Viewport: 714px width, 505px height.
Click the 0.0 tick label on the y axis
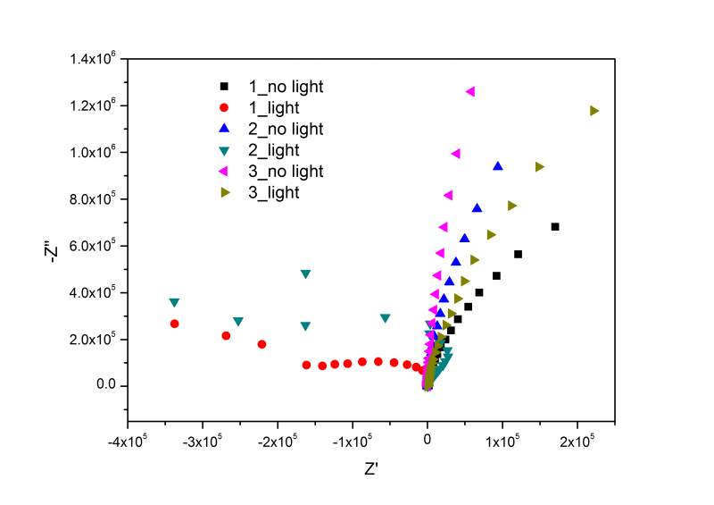pyautogui.click(x=108, y=386)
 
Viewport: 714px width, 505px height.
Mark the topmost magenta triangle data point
pyautogui.click(x=470, y=91)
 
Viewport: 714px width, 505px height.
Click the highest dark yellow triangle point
pyautogui.click(x=594, y=111)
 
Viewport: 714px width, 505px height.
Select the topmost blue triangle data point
pyautogui.click(x=498, y=165)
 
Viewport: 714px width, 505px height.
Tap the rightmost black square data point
pyautogui.click(x=555, y=227)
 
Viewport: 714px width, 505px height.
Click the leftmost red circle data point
pyautogui.click(x=175, y=324)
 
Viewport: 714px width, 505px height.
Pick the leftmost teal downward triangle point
pyautogui.click(x=174, y=303)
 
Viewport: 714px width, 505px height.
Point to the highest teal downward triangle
pyautogui.click(x=306, y=274)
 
